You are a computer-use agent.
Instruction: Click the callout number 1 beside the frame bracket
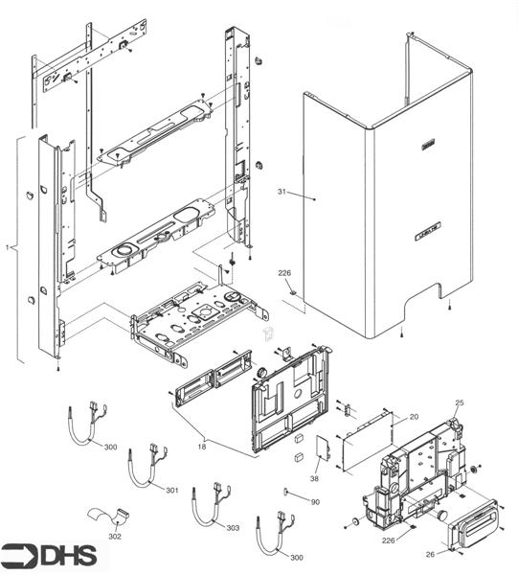(x=8, y=248)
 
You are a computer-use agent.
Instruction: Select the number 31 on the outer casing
(x=282, y=193)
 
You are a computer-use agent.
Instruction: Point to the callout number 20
(x=414, y=417)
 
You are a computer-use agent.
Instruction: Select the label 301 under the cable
(x=171, y=491)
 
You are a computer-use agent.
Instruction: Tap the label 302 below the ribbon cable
(x=116, y=537)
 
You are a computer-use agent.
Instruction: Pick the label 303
(x=234, y=528)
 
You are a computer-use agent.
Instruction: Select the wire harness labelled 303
(x=206, y=502)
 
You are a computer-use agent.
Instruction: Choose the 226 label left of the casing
(x=284, y=274)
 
